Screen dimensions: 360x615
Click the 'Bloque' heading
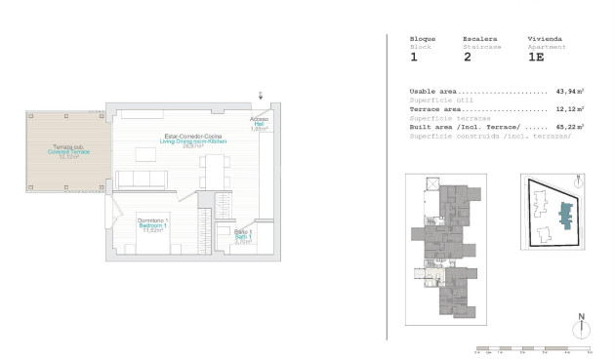coord(423,38)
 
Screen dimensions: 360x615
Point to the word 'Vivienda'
coord(544,38)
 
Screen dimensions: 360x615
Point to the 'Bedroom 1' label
coord(151,225)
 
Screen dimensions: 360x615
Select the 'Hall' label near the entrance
coord(259,124)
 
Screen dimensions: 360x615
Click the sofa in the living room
coord(141,180)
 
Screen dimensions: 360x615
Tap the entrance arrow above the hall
coord(260,95)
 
